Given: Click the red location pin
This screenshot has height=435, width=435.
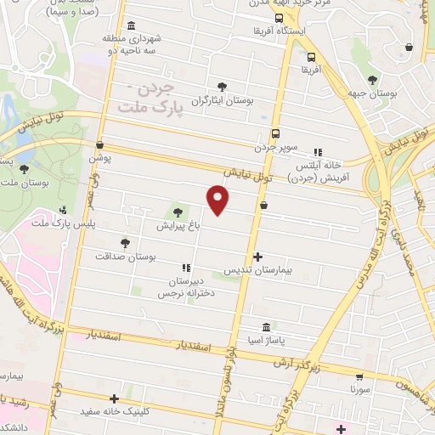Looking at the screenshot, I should click(218, 200).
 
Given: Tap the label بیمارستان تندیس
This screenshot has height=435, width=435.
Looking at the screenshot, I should click(257, 269).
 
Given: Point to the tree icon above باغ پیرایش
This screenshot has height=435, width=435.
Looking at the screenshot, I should click(178, 212).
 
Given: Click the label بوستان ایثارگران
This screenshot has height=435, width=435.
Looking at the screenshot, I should click(223, 100).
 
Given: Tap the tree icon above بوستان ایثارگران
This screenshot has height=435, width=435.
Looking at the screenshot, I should click(223, 87).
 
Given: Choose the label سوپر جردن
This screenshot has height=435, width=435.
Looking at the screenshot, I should click(276, 147).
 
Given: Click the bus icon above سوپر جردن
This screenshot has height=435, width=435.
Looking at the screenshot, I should click(275, 133).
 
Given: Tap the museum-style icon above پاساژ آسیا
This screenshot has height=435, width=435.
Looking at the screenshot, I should click(267, 327).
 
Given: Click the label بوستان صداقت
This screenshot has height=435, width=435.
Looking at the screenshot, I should click(126, 256).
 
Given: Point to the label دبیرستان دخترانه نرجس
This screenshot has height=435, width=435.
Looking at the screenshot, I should click(184, 286).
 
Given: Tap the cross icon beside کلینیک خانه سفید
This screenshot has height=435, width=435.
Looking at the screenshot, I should click(114, 398).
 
